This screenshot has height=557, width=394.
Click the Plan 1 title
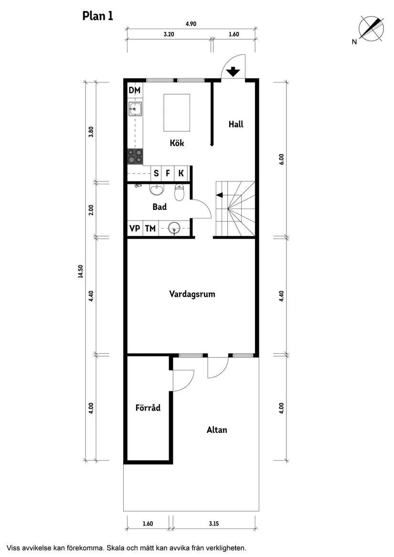pos(97,16)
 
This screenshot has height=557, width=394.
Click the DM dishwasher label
pos(134,90)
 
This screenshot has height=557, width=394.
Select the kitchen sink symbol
pos(135,109)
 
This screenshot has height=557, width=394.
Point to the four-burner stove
pos(135,156)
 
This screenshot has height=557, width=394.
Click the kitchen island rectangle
pos(177,112)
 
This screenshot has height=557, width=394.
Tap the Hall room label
pos(235,124)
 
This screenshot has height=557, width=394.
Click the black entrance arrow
pos(233,72)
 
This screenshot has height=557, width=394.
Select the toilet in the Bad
pos(179,192)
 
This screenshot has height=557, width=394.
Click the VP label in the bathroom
pos(135,229)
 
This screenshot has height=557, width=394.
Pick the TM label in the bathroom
pos(150,229)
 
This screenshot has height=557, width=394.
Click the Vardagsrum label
pos(192,294)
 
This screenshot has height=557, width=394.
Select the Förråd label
pos(148,408)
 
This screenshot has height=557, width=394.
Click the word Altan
pos(216,430)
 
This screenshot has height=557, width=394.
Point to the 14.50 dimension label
pos(81,271)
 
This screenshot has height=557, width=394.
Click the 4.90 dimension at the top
pos(191,24)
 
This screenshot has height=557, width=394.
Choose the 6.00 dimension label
pos(281,159)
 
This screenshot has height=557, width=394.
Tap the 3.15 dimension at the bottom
pos(213,524)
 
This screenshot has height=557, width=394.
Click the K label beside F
pos(181,173)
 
